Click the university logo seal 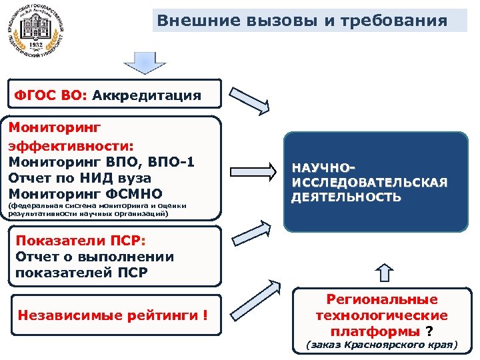(37, 31)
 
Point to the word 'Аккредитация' (147, 95)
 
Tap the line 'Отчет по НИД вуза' (80, 178)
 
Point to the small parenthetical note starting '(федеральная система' (97, 210)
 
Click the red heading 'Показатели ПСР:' (80, 241)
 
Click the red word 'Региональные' (381, 300)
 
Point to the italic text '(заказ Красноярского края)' (381, 345)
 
